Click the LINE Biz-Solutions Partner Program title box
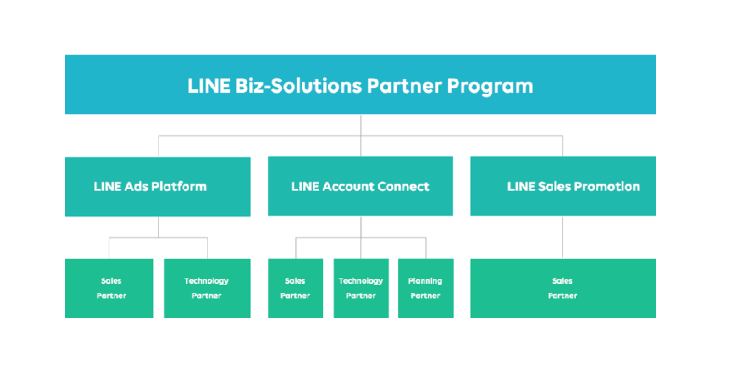(x=360, y=85)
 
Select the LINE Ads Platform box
(x=157, y=187)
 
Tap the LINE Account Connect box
(x=360, y=187)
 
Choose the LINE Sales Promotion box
(x=563, y=187)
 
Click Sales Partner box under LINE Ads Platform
(x=109, y=288)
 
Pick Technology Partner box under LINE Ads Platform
(x=207, y=288)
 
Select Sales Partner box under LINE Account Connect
(x=295, y=288)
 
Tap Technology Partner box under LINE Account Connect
(x=361, y=288)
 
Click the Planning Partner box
(x=426, y=288)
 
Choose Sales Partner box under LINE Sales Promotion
(x=563, y=288)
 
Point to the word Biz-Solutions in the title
(x=298, y=86)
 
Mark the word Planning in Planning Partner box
(x=425, y=281)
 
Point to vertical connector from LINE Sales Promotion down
(x=563, y=237)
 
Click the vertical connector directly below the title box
(x=361, y=125)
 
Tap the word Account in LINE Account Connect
(x=347, y=187)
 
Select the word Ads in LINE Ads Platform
(x=136, y=187)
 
